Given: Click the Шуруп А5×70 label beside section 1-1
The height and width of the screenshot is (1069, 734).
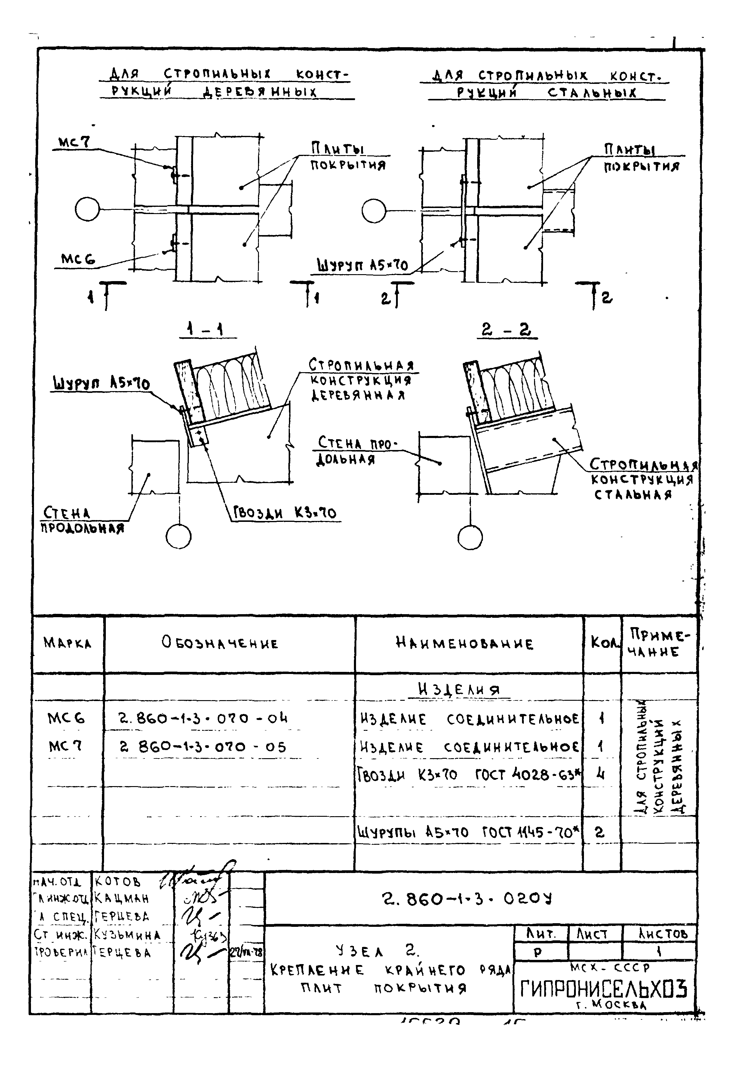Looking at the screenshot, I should (x=101, y=383).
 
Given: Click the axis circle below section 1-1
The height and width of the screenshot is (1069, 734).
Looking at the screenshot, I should (x=179, y=537).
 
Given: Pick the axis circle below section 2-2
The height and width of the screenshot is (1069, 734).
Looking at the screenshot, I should (x=470, y=537).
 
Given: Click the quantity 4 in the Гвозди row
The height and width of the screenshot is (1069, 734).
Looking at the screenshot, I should (x=600, y=775).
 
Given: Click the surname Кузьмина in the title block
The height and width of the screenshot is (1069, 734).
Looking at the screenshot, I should (x=127, y=935).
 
